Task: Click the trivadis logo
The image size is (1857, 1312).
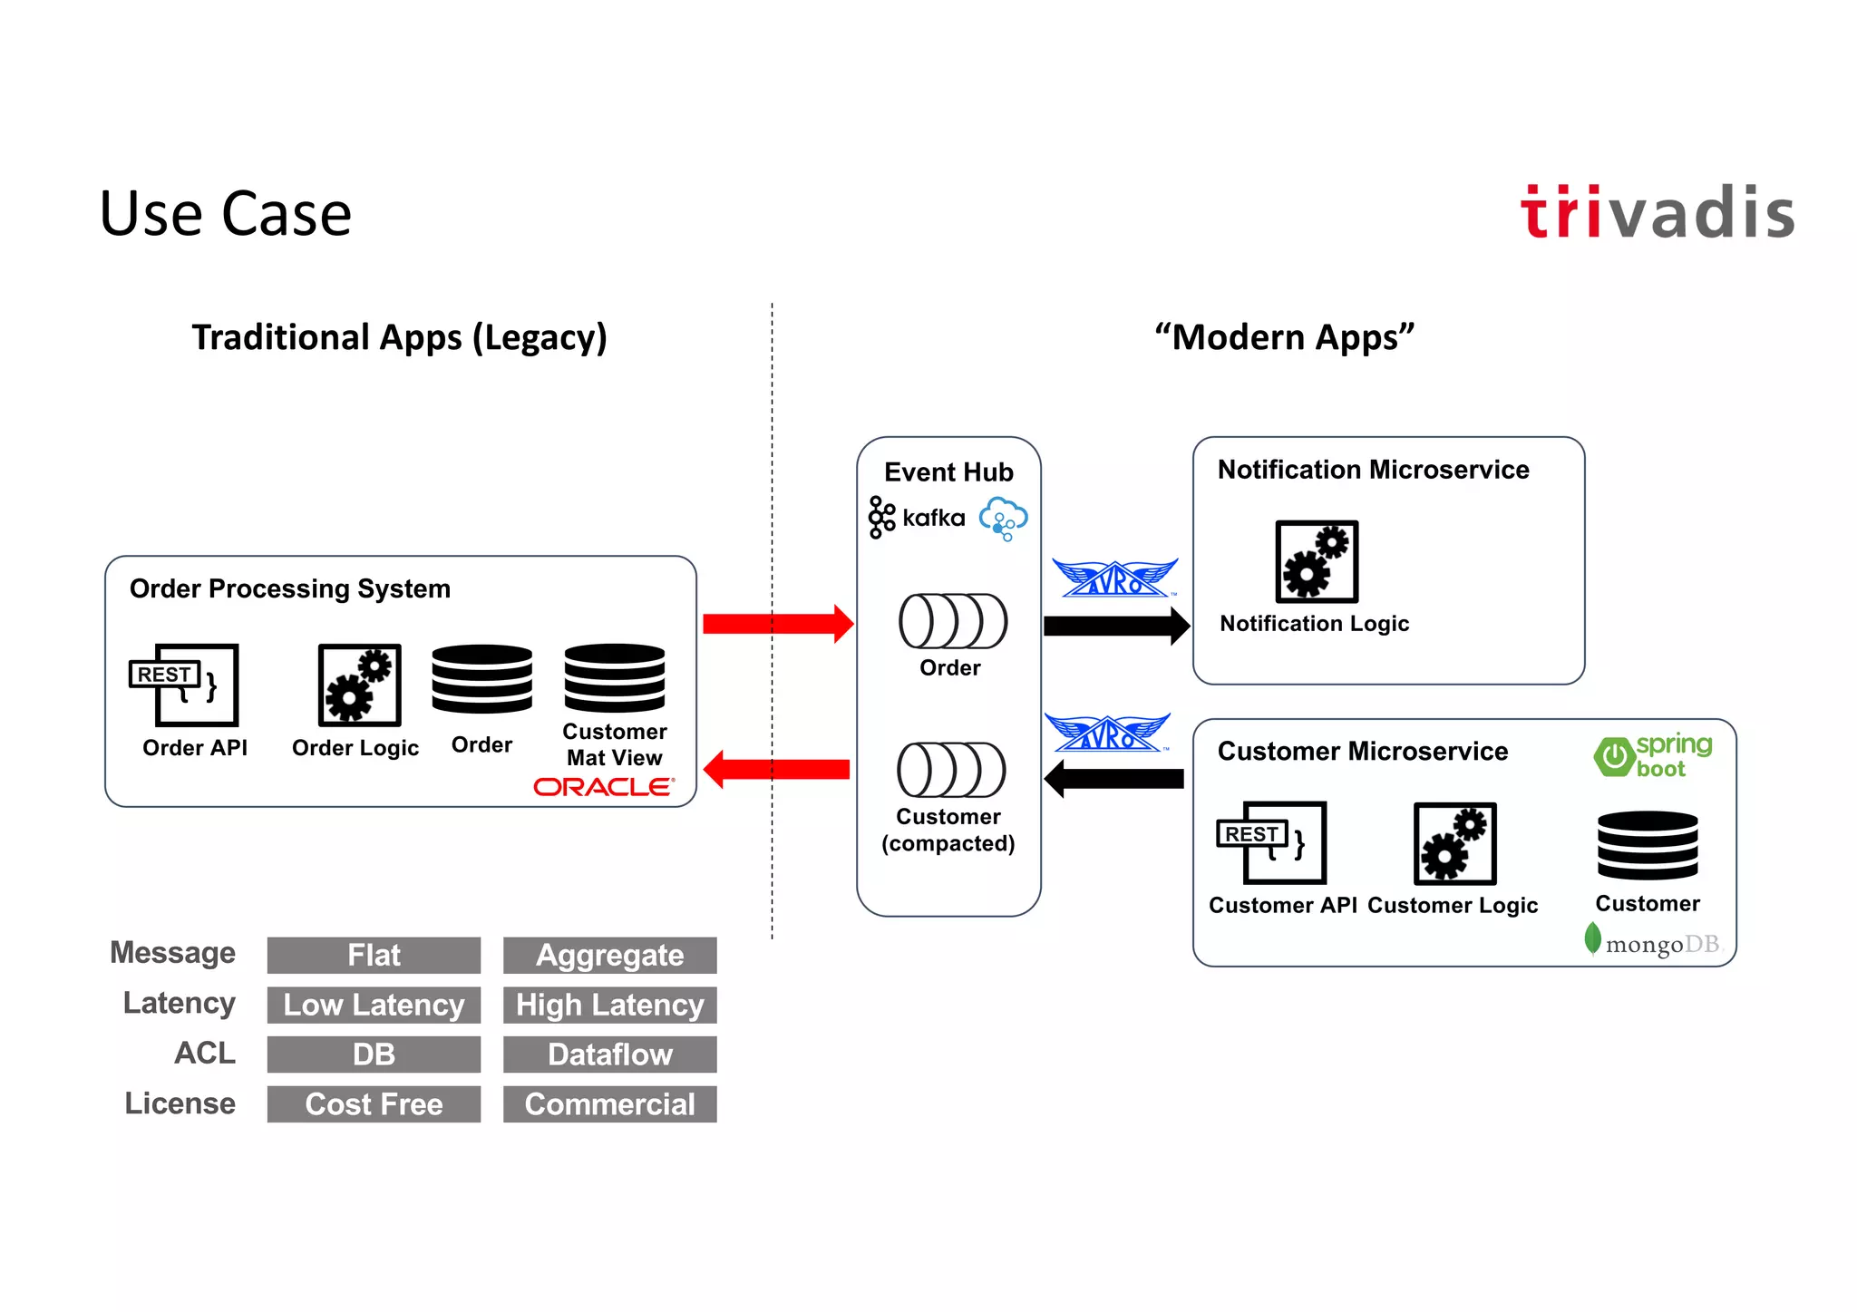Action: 1657,213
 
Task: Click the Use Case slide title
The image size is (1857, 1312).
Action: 225,214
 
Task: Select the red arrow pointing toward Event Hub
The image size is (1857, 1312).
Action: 777,624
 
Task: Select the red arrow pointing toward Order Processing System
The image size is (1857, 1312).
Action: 777,770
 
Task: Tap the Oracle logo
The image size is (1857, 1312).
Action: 603,787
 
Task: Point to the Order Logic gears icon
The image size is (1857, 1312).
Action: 359,685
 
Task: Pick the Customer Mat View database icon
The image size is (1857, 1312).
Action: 614,678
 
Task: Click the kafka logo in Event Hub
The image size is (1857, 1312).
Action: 917,518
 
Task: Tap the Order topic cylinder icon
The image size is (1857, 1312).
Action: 952,621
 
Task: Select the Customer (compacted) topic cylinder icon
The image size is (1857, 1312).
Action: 950,770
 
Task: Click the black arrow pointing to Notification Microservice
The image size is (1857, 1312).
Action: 1116,626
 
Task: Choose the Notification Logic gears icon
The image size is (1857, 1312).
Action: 1317,561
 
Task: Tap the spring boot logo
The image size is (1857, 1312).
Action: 1652,755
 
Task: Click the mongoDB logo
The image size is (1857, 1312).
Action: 1652,943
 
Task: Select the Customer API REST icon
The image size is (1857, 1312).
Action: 1272,842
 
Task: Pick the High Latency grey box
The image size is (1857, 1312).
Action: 609,1005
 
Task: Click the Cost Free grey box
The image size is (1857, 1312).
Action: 374,1104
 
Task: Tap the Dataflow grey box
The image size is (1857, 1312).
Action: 609,1054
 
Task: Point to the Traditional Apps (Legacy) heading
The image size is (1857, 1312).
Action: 399,337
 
